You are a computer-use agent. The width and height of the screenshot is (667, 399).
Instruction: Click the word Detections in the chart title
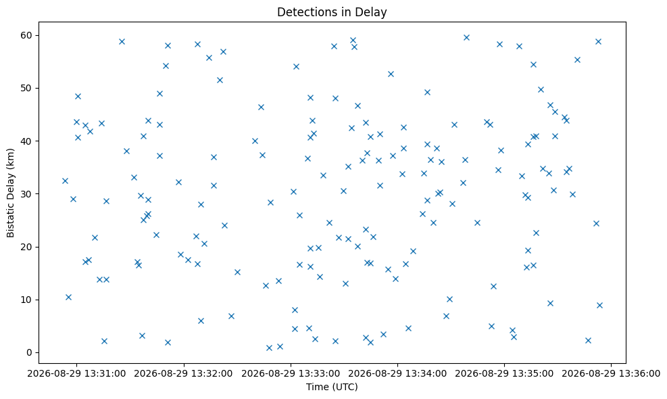(301, 12)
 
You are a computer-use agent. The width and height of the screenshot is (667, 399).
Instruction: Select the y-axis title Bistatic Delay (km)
(11, 193)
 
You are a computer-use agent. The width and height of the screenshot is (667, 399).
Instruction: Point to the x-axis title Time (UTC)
(332, 387)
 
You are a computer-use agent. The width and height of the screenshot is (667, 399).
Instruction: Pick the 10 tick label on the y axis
(28, 300)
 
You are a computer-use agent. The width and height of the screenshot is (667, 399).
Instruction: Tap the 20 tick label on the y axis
(28, 247)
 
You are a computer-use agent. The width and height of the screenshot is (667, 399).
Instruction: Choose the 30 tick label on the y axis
(28, 193)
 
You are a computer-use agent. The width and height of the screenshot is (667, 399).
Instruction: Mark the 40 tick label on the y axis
(28, 141)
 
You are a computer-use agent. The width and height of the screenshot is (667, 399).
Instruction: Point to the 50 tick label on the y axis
(28, 88)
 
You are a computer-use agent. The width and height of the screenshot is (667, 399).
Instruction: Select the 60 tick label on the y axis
(28, 35)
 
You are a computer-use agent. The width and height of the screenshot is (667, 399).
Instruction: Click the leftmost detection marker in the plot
(65, 181)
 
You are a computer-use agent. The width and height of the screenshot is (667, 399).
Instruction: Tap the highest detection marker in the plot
(466, 37)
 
